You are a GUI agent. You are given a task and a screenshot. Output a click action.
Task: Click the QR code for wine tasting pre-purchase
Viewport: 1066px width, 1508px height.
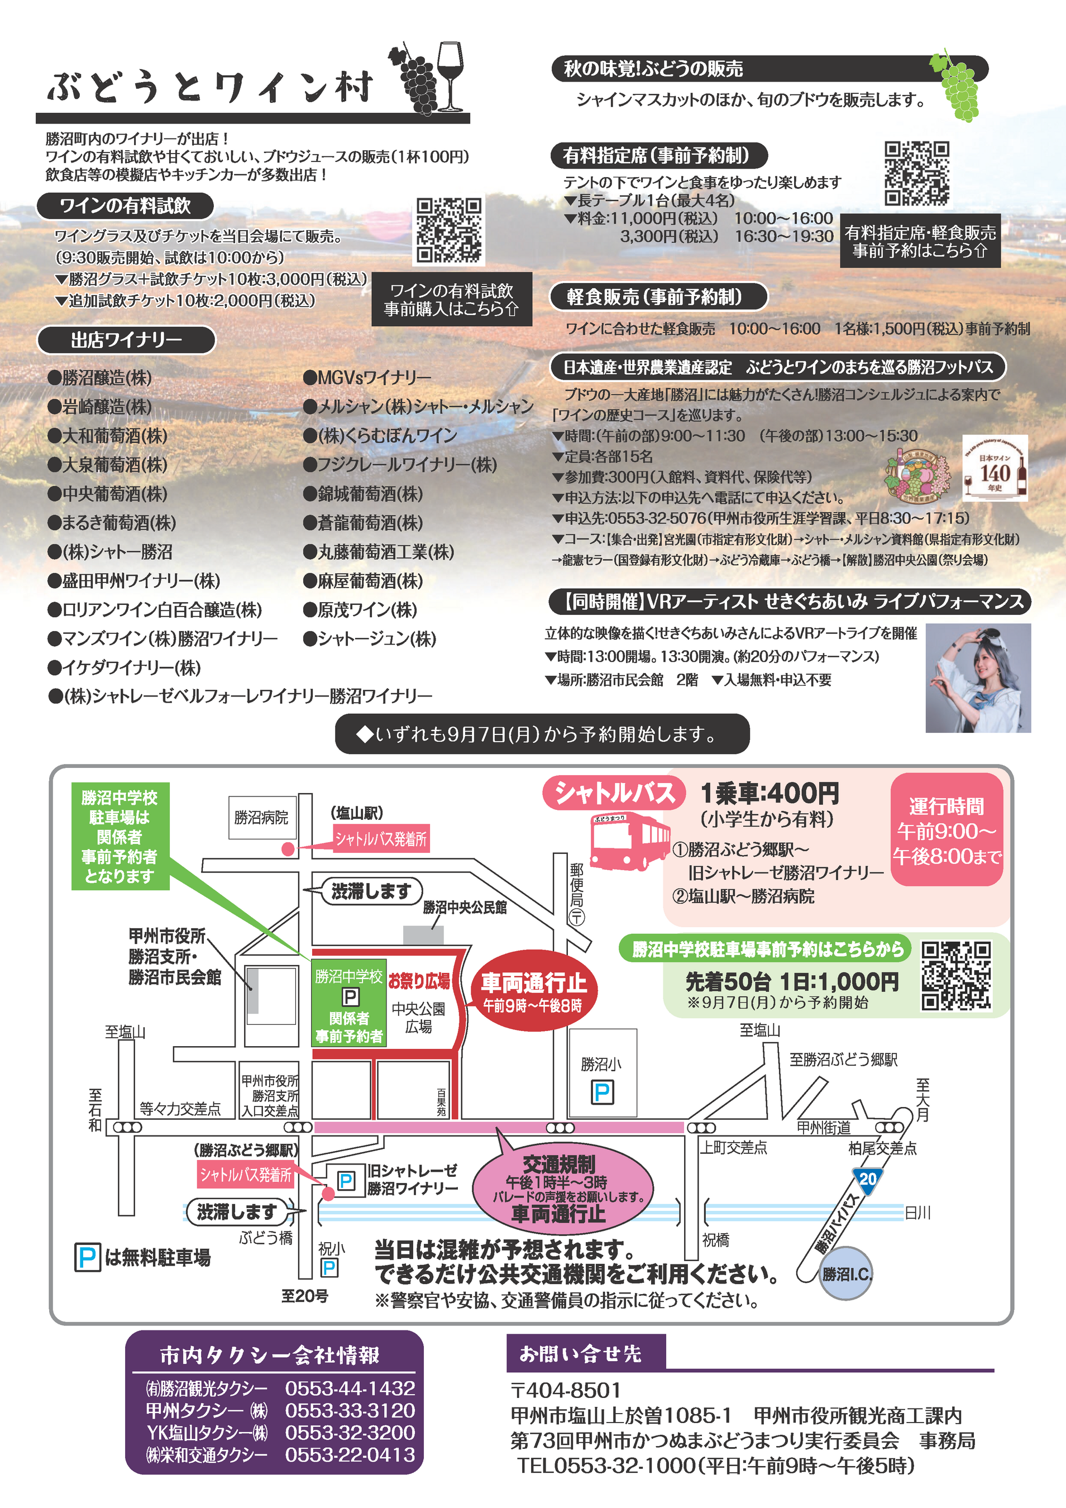[450, 231]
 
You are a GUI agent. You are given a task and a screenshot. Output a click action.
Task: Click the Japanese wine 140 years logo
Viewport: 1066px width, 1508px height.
[995, 467]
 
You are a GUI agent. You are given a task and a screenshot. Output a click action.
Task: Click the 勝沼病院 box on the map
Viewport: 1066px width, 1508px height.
[261, 817]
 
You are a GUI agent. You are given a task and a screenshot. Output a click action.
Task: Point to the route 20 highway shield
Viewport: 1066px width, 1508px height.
[868, 1180]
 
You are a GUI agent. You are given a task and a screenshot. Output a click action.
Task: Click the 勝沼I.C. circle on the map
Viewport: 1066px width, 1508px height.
[847, 1273]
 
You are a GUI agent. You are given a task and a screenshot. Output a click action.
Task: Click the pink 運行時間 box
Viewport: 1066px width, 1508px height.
[947, 829]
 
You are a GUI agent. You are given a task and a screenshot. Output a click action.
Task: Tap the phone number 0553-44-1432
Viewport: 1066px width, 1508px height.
[350, 1389]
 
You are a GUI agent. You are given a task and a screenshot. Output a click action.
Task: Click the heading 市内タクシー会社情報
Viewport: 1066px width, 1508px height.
[269, 1355]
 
